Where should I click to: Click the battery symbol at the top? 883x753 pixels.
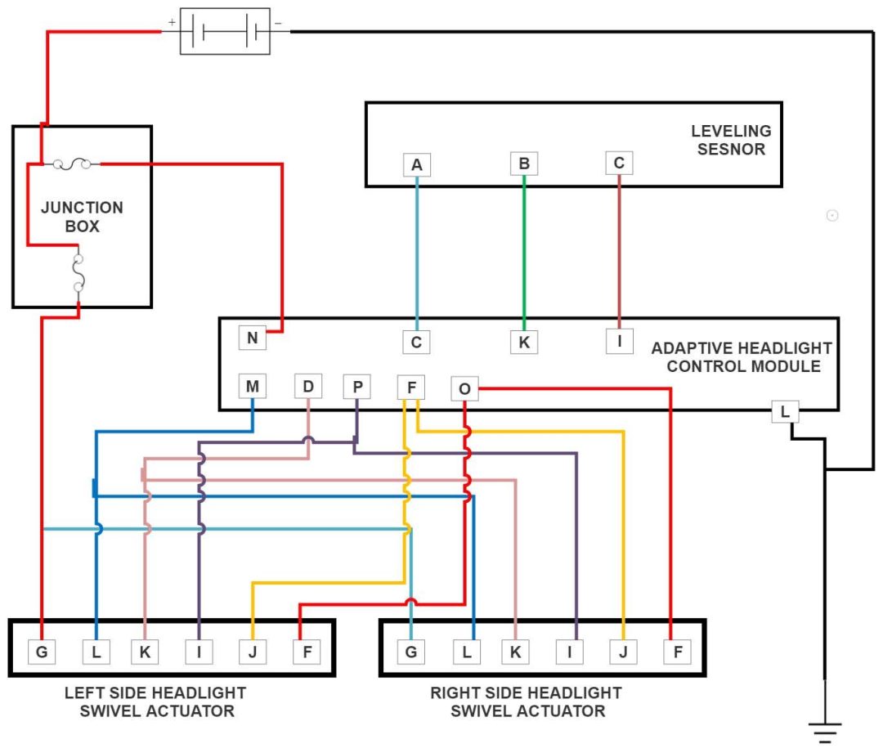pos(225,32)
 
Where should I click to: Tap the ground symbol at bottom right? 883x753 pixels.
pos(826,730)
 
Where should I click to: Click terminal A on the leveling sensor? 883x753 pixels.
pos(417,165)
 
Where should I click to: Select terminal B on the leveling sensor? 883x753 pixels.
pos(524,164)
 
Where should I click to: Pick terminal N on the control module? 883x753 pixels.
pos(253,338)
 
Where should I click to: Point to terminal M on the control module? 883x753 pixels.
pos(253,386)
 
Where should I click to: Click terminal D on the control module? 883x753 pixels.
pos(307,386)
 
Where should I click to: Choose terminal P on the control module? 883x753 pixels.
pos(356,386)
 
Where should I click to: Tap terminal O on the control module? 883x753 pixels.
pos(464,389)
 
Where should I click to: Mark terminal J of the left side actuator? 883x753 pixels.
pos(252,652)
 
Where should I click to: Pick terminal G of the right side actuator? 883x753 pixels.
pos(410,652)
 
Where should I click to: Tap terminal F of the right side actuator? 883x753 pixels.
pos(678,652)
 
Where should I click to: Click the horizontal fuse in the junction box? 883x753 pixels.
pos(71,164)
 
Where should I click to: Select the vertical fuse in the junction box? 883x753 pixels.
pos(78,273)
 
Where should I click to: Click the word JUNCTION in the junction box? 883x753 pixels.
pos(82,208)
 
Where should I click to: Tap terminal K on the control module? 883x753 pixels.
pos(524,342)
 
